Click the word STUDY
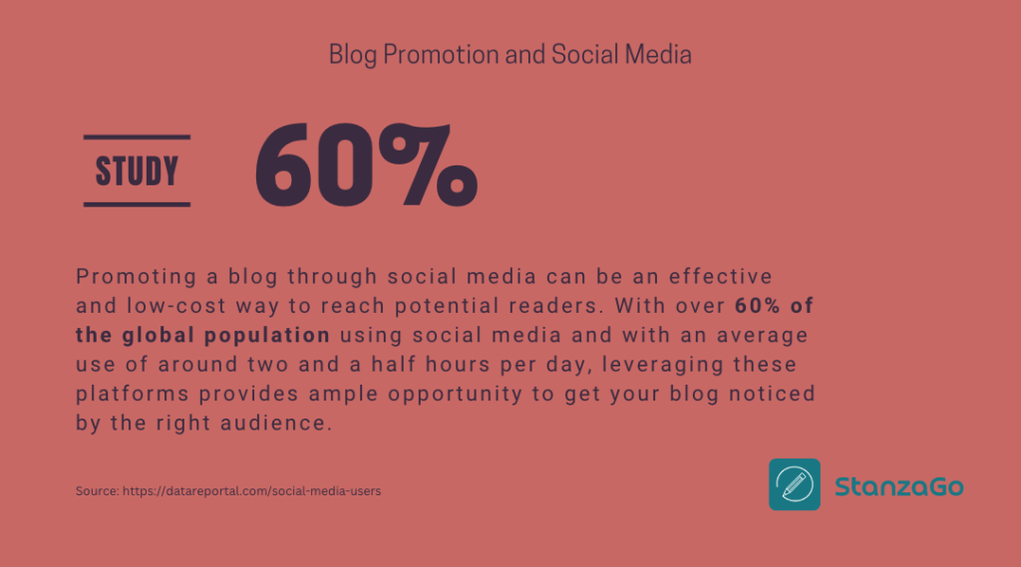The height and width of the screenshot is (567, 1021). [137, 171]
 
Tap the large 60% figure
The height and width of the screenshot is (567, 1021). [366, 165]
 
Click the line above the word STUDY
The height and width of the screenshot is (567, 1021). [137, 137]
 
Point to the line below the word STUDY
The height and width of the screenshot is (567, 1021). [137, 204]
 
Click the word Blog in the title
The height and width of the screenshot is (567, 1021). [353, 54]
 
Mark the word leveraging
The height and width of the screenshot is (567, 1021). [684, 365]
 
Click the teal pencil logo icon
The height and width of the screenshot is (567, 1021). [795, 484]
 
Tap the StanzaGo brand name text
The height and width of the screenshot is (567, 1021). [898, 486]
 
